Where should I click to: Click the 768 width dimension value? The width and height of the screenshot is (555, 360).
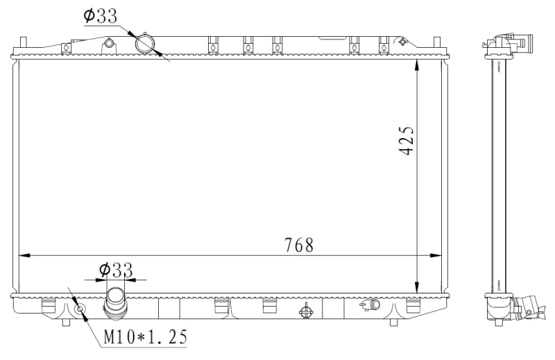click(299, 245)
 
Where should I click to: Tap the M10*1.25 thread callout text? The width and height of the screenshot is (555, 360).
click(145, 337)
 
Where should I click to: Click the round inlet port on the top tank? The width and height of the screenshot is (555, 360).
click(147, 43)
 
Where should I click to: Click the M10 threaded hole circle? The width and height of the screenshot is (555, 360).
click(80, 308)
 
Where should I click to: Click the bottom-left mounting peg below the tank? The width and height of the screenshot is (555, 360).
click(66, 322)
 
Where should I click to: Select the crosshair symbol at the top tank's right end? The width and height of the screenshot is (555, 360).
click(403, 42)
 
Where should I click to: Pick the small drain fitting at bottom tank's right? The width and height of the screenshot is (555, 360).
click(373, 305)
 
